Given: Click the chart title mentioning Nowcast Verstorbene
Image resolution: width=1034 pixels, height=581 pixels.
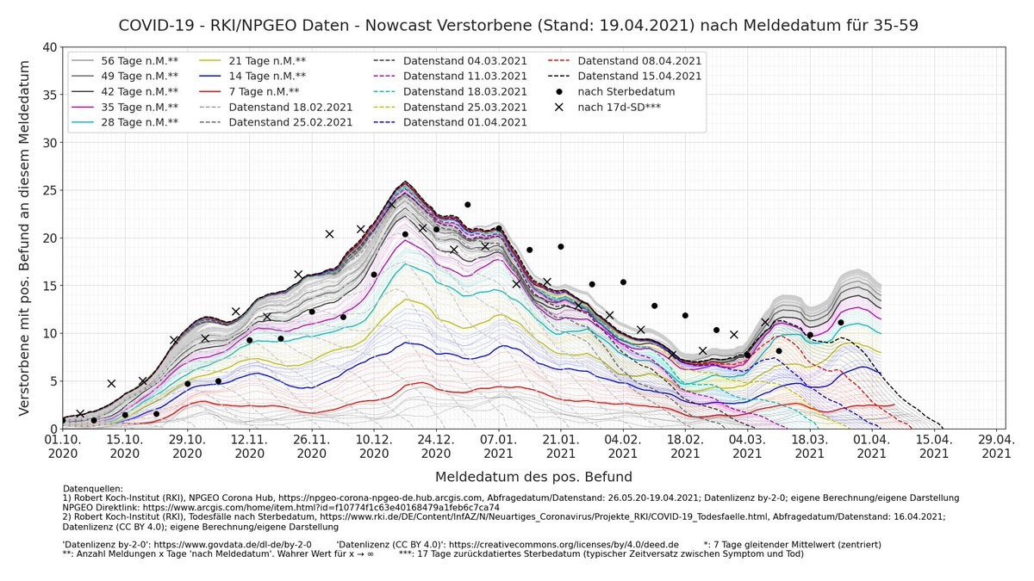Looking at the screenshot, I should pyautogui.click(x=517, y=25).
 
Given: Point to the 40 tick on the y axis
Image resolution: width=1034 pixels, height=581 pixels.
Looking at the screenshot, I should pyautogui.click(x=50, y=47).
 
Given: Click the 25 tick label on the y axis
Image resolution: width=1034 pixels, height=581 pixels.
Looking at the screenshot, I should pyautogui.click(x=50, y=190).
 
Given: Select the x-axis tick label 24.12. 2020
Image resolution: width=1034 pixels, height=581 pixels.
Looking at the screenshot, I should pyautogui.click(x=437, y=445).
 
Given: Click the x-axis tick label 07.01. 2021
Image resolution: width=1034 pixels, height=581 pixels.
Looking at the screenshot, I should pyautogui.click(x=499, y=445).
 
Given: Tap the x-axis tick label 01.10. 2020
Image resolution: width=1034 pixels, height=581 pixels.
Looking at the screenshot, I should pyautogui.click(x=63, y=445).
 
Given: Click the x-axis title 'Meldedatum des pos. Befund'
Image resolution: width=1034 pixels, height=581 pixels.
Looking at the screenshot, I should pyautogui.click(x=533, y=476).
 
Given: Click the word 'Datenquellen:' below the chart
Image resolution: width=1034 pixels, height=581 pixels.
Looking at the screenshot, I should pyautogui.click(x=93, y=489).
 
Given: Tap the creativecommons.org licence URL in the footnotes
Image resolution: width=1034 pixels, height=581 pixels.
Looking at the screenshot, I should pyautogui.click(x=564, y=545).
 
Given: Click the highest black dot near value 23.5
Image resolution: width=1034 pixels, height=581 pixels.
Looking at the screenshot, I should pyautogui.click(x=468, y=205).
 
